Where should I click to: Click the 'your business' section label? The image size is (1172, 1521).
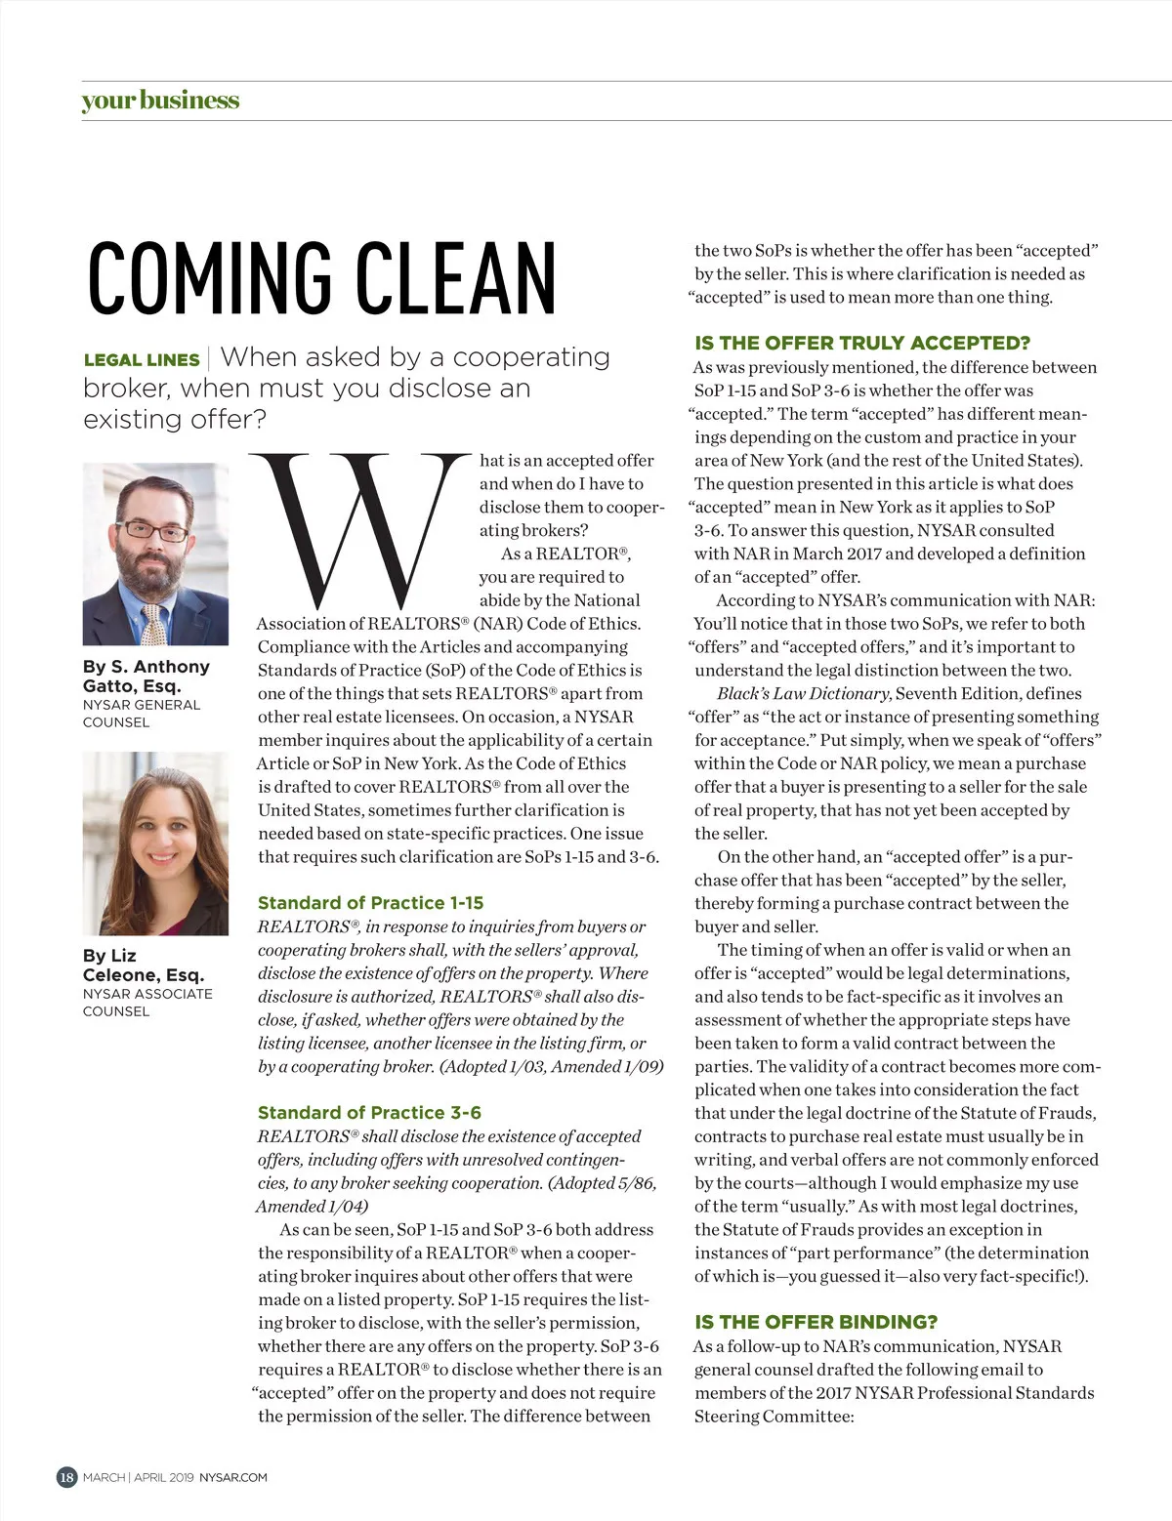click(x=160, y=101)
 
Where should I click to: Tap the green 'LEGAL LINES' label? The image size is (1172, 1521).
click(x=142, y=359)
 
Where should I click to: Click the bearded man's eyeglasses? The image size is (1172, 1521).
click(x=155, y=531)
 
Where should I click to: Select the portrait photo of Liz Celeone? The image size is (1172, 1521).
click(x=155, y=843)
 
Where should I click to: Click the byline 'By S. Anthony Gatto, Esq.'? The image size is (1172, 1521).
click(x=146, y=676)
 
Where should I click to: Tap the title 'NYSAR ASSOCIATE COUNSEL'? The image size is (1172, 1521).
click(x=146, y=1003)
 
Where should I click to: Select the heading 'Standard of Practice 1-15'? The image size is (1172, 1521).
click(x=370, y=903)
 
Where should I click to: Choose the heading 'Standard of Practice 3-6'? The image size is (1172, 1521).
click(x=369, y=1113)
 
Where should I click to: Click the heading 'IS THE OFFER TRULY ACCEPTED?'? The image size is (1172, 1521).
click(x=862, y=344)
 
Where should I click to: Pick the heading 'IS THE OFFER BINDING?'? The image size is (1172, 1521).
click(x=816, y=1323)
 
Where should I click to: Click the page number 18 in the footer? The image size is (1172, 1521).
click(x=66, y=1477)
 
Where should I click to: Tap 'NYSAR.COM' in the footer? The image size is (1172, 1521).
click(x=233, y=1478)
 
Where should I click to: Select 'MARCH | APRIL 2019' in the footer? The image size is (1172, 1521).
click(x=138, y=1478)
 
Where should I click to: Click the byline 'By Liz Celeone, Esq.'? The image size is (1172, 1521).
click(x=143, y=966)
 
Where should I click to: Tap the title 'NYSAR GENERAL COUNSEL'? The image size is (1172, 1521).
click(x=141, y=714)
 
